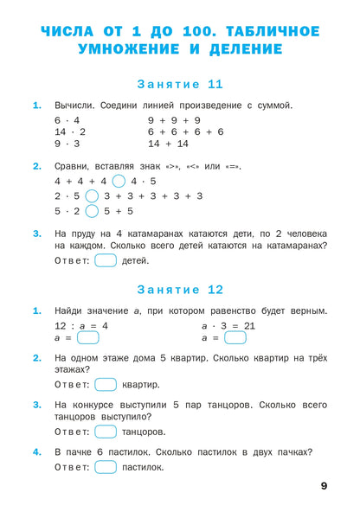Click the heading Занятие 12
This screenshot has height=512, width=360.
point(180,290)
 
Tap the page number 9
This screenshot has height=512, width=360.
point(325,486)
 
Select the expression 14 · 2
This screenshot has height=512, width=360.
point(67,131)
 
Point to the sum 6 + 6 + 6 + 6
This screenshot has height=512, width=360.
point(185,131)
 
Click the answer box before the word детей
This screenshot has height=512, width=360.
point(106,260)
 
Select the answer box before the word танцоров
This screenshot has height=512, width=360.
point(106,431)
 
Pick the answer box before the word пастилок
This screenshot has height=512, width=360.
point(106,467)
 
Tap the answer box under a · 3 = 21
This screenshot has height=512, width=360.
point(235,338)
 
